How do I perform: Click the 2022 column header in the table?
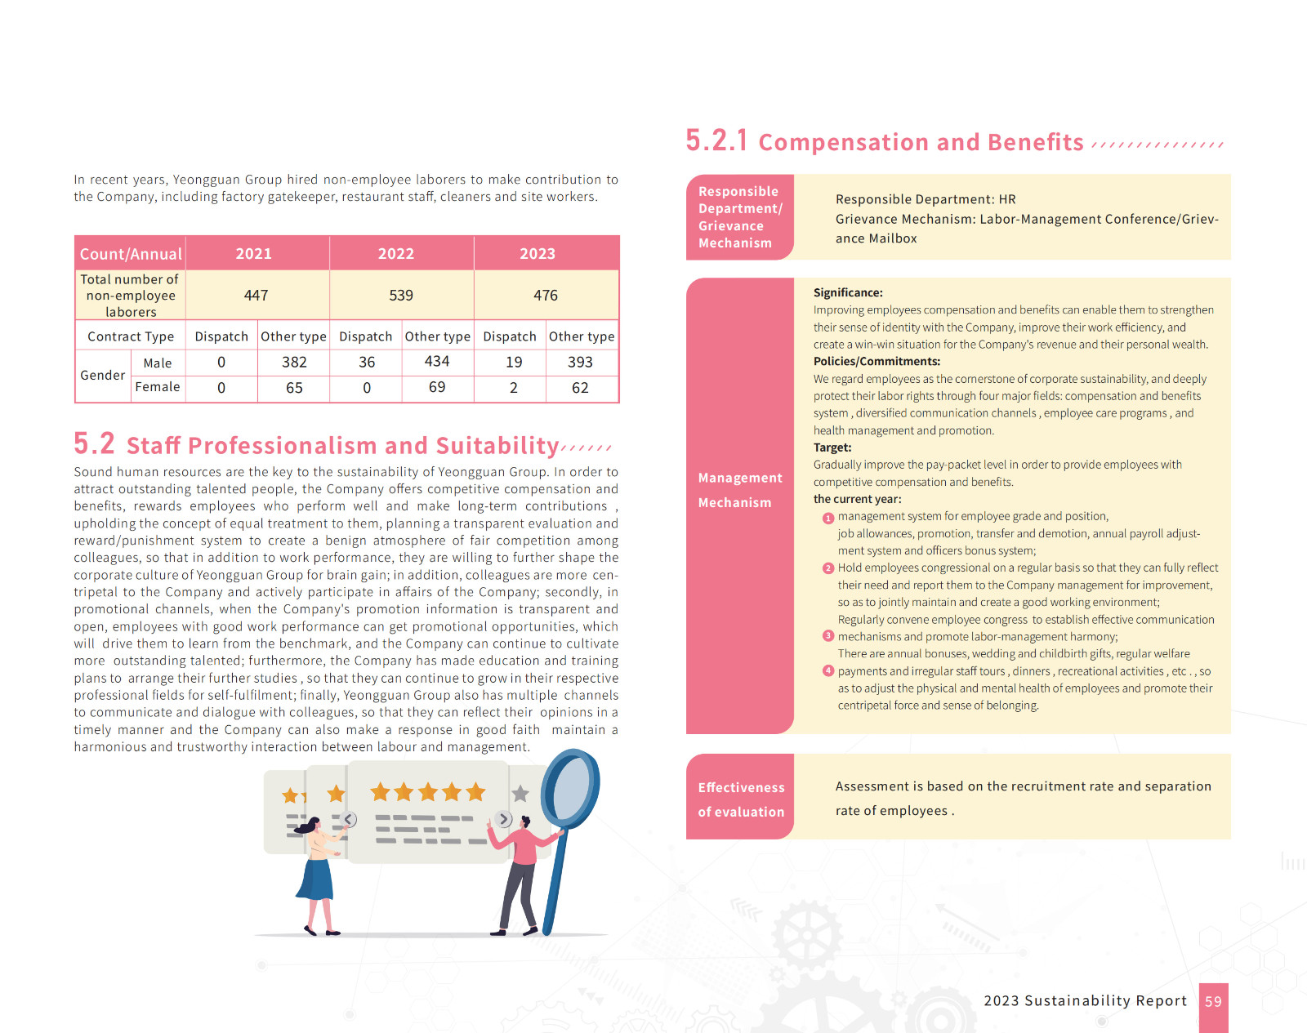tap(396, 254)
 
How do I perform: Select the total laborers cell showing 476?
tap(546, 296)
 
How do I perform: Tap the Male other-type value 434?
tap(437, 362)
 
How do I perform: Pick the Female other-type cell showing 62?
tap(580, 388)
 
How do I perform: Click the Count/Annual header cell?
tap(131, 254)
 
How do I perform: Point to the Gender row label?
tap(103, 376)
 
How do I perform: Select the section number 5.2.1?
tap(716, 141)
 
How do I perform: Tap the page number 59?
tap(1213, 1002)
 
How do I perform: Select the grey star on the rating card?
tap(520, 794)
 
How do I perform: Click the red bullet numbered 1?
tap(828, 518)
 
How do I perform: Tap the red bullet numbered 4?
tap(828, 671)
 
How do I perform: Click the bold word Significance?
tap(847, 292)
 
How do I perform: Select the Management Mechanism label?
tap(740, 490)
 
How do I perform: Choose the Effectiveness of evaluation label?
tap(741, 799)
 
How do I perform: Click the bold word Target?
tap(832, 447)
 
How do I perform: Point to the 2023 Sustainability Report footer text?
tap(1085, 1001)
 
